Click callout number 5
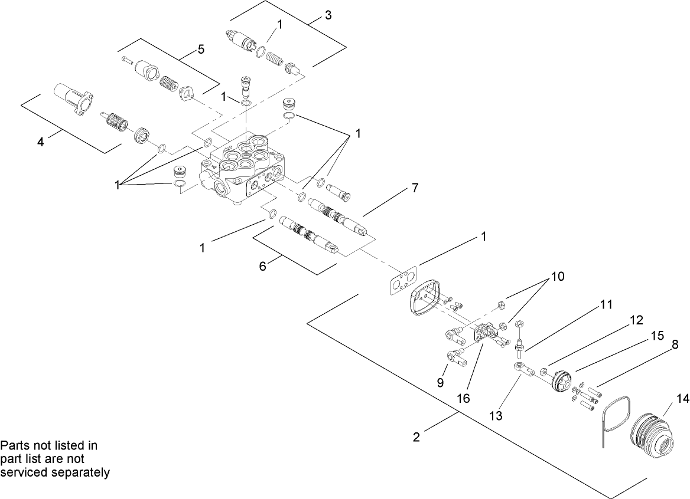pyautogui.click(x=201, y=50)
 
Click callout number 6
pyautogui.click(x=263, y=267)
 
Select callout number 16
pyautogui.click(x=463, y=398)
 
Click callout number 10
pyautogui.click(x=558, y=276)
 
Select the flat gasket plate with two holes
pyautogui.click(x=403, y=283)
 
